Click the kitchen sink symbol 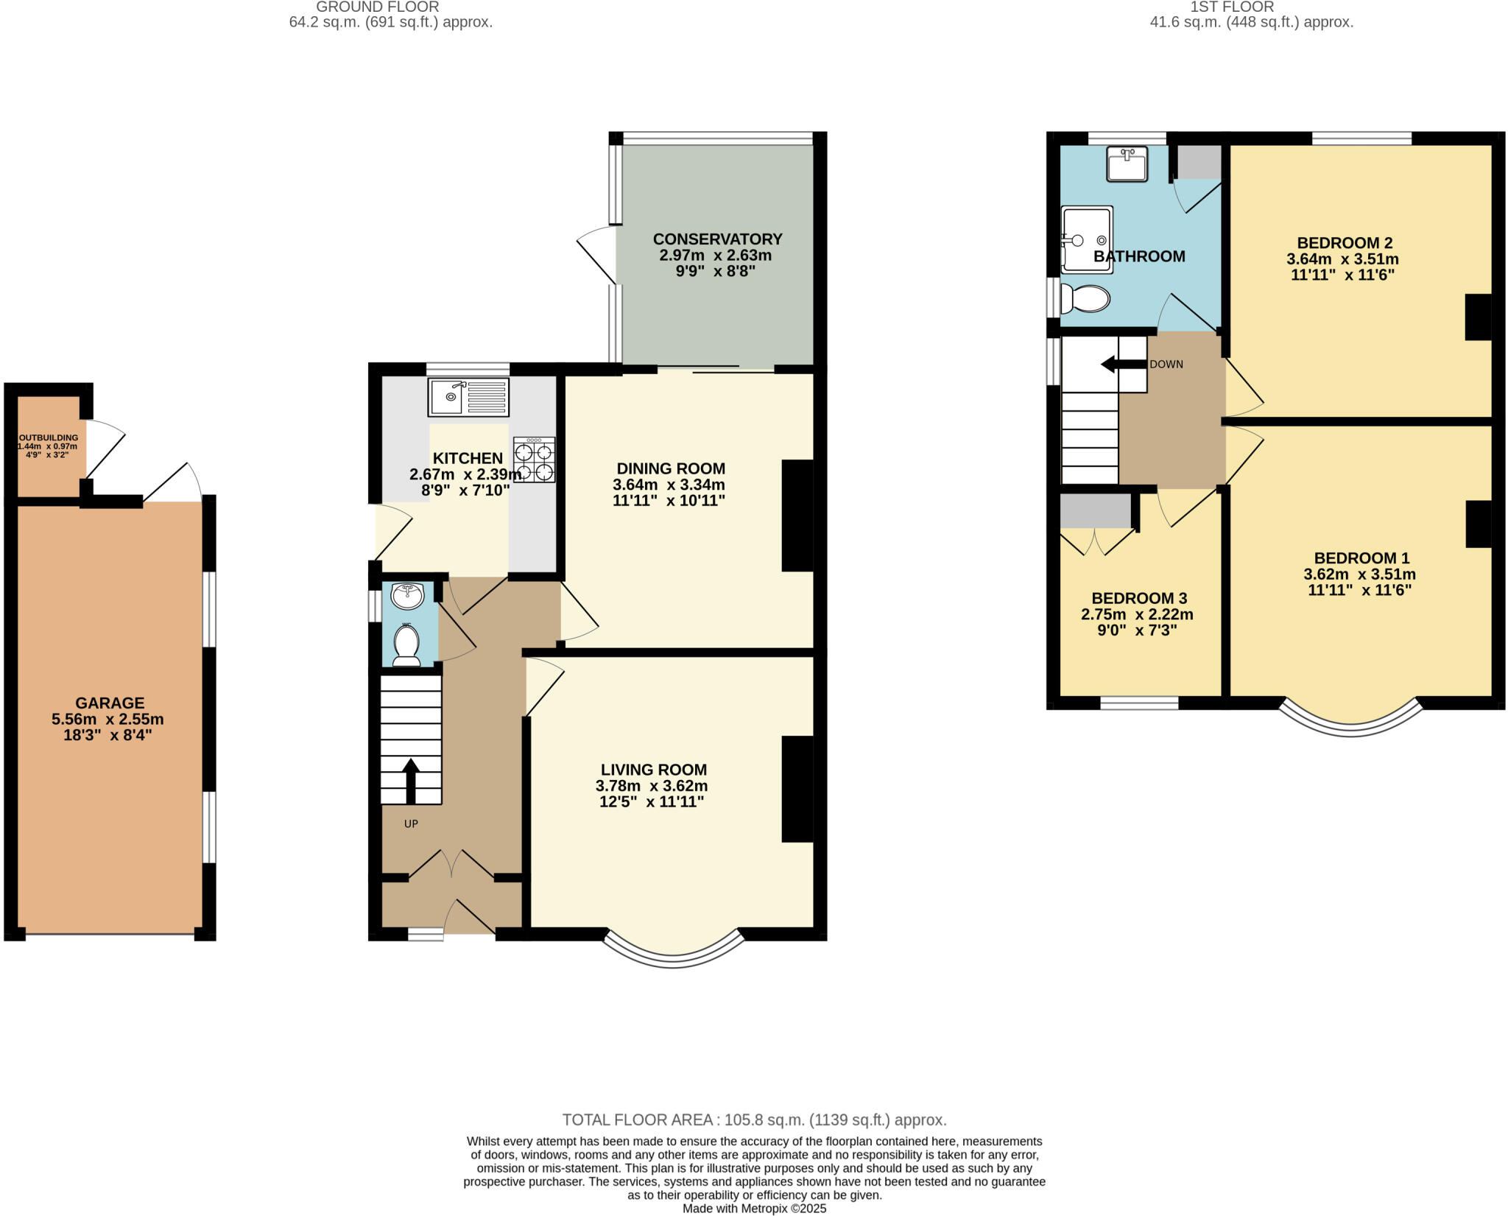pos(468,397)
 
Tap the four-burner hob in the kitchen pos(535,460)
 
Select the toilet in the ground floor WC pos(406,645)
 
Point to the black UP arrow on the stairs pos(411,781)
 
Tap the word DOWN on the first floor pos(1166,365)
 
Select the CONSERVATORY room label pos(717,239)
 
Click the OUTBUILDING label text pos(49,437)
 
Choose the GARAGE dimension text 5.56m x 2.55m pos(108,719)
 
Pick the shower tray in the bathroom pos(1087,239)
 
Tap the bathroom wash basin pos(1127,164)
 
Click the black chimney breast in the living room pos(797,788)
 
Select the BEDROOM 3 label pos(1139,598)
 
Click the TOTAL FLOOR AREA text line pos(754,1120)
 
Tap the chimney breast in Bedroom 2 pos(1478,317)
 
